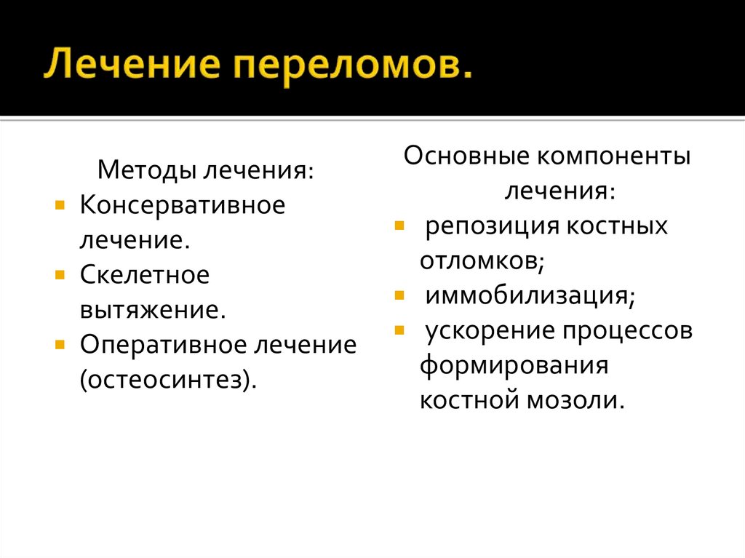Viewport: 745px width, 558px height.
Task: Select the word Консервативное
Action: [182, 205]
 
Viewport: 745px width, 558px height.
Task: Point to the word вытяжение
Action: [153, 310]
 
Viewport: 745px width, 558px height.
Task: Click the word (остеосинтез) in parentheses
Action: [168, 379]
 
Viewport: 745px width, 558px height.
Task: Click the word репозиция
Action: [485, 226]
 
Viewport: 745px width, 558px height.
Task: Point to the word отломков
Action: [482, 260]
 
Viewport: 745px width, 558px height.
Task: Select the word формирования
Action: [513, 365]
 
